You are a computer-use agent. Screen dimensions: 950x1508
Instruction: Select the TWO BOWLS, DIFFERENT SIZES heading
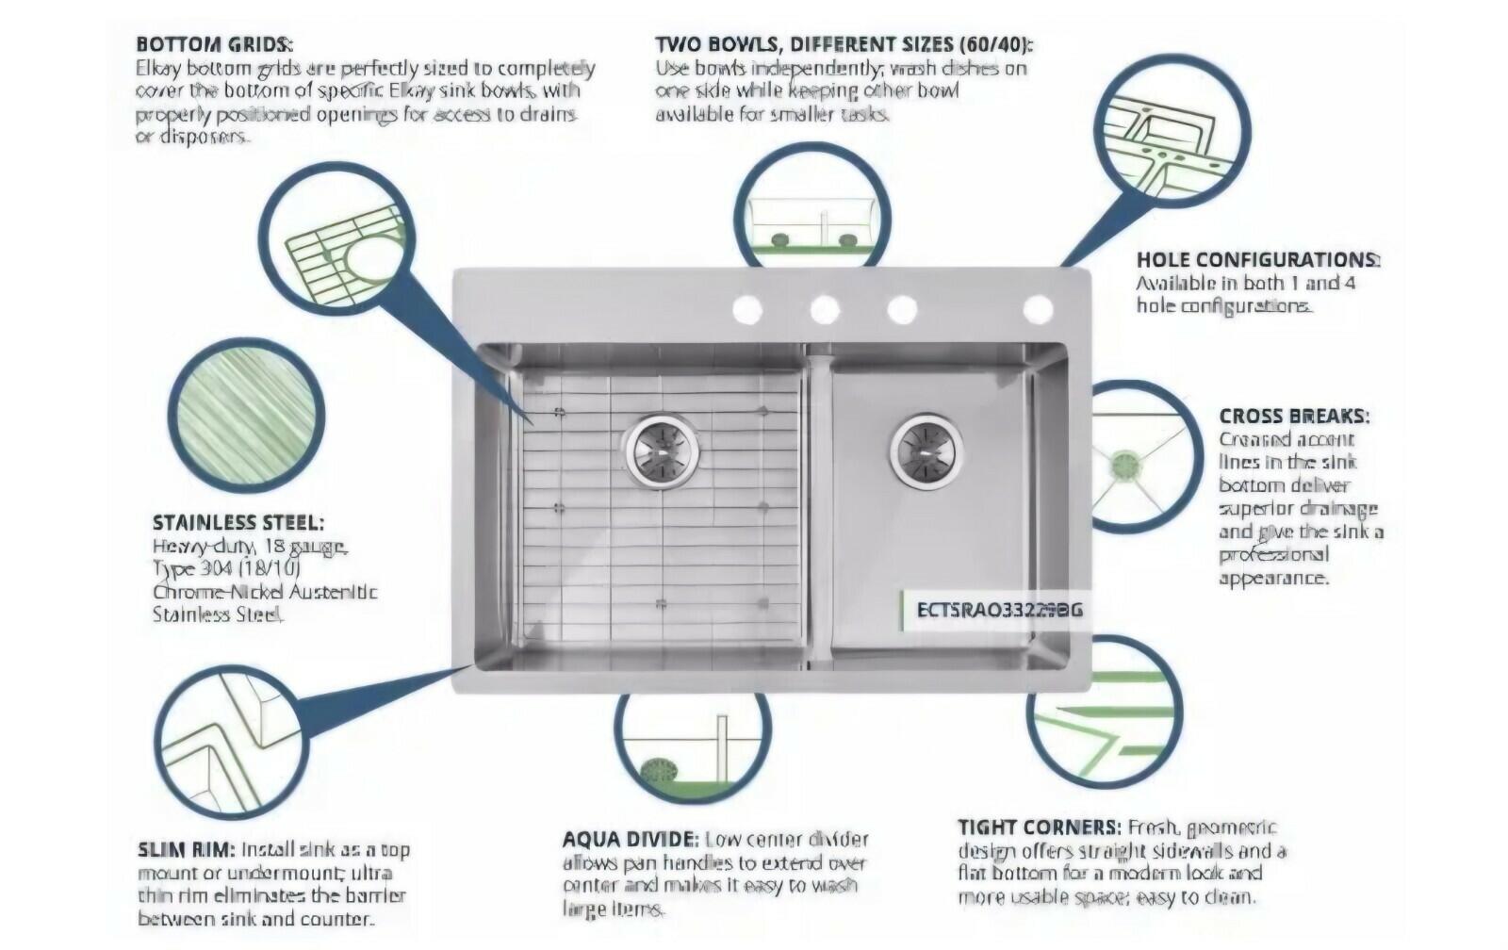pyautogui.click(x=844, y=44)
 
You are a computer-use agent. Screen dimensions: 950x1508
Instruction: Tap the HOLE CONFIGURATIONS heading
pyautogui.click(x=1257, y=260)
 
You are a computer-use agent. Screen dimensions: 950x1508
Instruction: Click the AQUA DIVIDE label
pyautogui.click(x=630, y=839)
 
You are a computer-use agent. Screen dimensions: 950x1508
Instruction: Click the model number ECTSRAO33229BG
pyautogui.click(x=999, y=610)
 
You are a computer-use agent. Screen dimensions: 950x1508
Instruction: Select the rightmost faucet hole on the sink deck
pyautogui.click(x=1038, y=308)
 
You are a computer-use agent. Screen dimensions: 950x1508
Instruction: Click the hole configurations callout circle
pyautogui.click(x=1173, y=135)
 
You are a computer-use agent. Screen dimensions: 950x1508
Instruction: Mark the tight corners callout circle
pyautogui.click(x=1105, y=712)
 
